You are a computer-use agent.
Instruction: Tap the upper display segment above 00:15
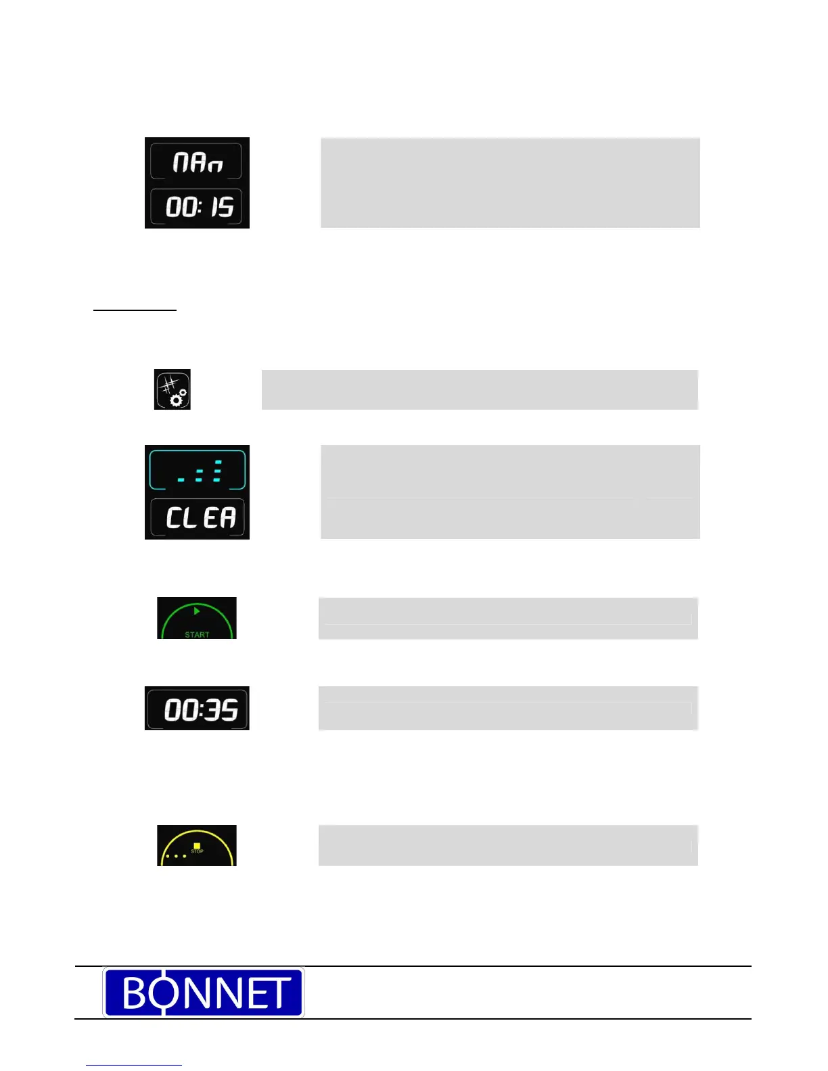196,162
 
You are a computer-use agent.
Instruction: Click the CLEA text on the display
200,519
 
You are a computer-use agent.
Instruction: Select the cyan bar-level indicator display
198,470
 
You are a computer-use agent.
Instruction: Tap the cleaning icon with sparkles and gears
172,389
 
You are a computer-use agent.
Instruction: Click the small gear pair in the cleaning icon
179,398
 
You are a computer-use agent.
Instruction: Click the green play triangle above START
197,611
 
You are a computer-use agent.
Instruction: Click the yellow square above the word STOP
197,845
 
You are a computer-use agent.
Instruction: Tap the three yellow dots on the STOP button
176,856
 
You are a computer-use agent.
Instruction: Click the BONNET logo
204,992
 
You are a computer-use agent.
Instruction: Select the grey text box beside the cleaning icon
480,389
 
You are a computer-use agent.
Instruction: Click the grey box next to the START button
508,618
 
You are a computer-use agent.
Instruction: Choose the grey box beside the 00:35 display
508,709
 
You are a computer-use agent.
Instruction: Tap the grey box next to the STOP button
508,845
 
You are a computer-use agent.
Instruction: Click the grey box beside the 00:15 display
510,183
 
